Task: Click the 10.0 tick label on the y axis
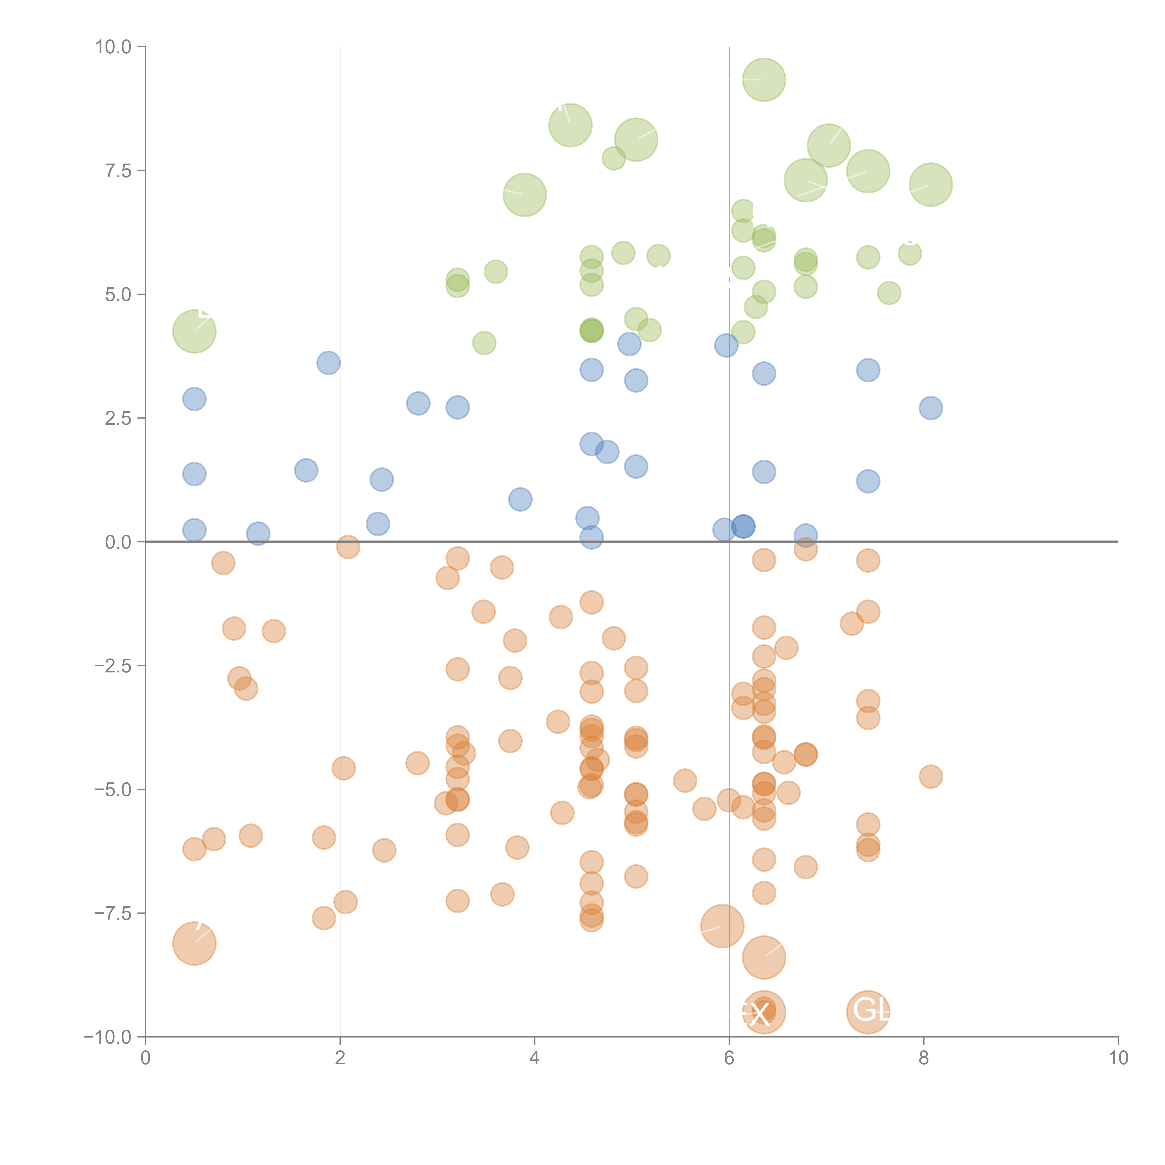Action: [x=113, y=47]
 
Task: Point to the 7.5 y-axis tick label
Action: [x=118, y=171]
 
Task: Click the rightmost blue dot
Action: [x=930, y=408]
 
